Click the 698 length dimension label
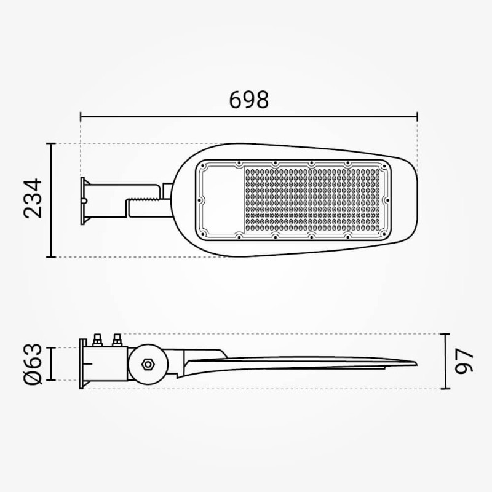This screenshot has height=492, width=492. (x=249, y=100)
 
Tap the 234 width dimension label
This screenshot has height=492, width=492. (x=33, y=198)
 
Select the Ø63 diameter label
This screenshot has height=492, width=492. (x=33, y=363)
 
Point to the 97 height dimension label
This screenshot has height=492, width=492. (x=464, y=362)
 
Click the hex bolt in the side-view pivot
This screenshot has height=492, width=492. (x=147, y=364)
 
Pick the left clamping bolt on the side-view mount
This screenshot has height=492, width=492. (x=98, y=340)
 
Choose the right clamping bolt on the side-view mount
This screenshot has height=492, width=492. (x=117, y=340)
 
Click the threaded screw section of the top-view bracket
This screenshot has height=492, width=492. (x=145, y=199)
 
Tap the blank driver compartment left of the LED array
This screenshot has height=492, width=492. (x=223, y=200)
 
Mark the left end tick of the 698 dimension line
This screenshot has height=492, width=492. (x=81, y=116)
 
